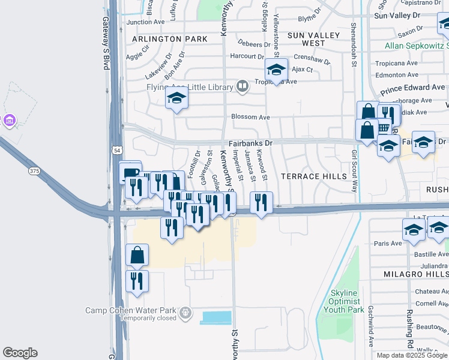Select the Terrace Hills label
point(315,176)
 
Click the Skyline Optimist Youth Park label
point(344,301)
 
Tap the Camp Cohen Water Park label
point(131,310)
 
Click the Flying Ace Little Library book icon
point(242,86)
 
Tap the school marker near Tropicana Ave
point(276,70)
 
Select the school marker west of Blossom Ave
point(177,99)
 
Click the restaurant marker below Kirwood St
point(261,202)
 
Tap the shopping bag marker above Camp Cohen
point(137,255)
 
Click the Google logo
point(20,353)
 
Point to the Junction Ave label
point(145,22)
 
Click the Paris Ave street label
point(388,244)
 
